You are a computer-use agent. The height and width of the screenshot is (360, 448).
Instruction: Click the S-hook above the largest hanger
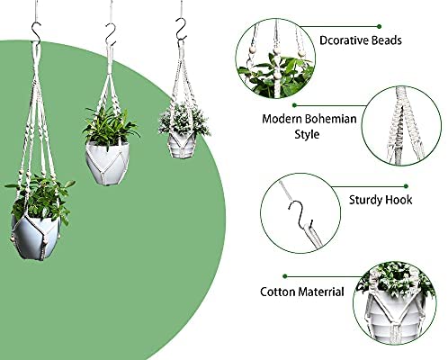click(37, 31)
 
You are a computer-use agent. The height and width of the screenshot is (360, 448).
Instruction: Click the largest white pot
click(35, 237)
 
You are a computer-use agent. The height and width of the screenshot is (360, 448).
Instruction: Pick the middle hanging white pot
click(107, 163)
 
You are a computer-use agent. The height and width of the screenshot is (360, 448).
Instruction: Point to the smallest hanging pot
click(181, 145)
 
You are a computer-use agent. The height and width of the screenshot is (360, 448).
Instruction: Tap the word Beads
click(385, 40)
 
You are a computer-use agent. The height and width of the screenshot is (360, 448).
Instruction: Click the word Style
click(307, 134)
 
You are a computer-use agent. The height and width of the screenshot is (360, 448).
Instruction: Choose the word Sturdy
click(365, 200)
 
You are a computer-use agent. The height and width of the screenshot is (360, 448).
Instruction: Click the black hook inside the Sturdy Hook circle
click(300, 214)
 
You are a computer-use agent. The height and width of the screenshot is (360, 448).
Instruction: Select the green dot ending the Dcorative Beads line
click(380, 27)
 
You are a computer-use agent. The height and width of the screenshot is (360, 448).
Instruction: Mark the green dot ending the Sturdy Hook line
click(406, 186)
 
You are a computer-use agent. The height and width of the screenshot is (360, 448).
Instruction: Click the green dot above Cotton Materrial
click(285, 276)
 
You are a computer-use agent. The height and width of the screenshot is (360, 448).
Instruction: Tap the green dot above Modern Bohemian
click(295, 105)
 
